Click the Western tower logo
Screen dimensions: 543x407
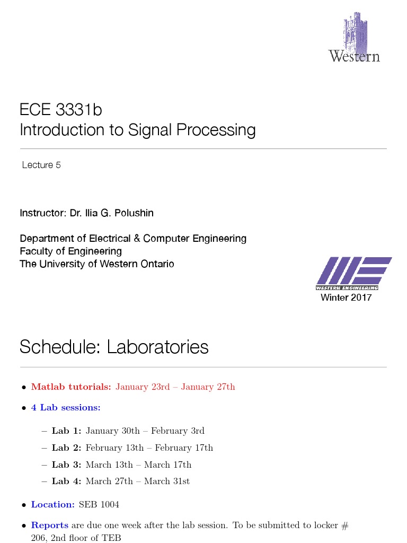click(x=354, y=38)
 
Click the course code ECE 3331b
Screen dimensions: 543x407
click(x=60, y=110)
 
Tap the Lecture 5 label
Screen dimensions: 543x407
click(x=41, y=165)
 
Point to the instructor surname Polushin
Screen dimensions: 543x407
click(x=135, y=213)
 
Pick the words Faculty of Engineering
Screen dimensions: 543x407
click(x=70, y=251)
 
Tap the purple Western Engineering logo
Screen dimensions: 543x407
click(x=353, y=273)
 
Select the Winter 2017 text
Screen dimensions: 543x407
click(x=346, y=297)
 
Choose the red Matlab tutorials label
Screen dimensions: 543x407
click(x=71, y=387)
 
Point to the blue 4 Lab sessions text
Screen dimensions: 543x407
click(x=66, y=408)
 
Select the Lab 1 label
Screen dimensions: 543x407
click(x=66, y=431)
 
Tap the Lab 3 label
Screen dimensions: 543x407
click(x=66, y=465)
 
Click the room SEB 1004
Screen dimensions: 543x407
click(x=99, y=505)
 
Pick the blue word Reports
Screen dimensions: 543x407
click(x=50, y=526)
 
